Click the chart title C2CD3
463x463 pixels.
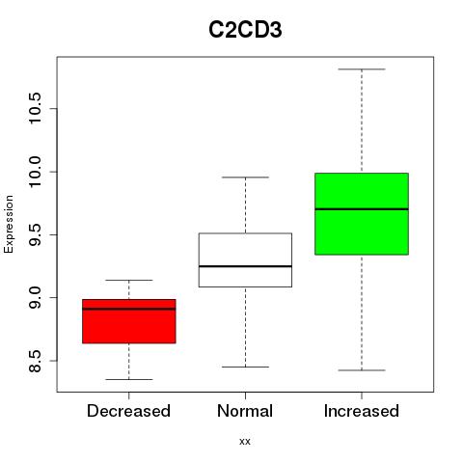pyautogui.click(x=245, y=30)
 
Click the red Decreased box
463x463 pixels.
pyautogui.click(x=129, y=321)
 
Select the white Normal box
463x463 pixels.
pyautogui.click(x=245, y=259)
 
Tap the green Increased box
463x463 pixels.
pyautogui.click(x=362, y=214)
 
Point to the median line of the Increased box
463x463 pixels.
pyautogui.click(x=362, y=209)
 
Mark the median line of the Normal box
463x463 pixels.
pyautogui.click(x=245, y=266)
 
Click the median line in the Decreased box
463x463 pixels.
pyautogui.click(x=129, y=309)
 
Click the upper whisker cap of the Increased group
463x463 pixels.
pyautogui.click(x=362, y=69)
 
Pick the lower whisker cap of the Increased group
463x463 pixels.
pyautogui.click(x=362, y=370)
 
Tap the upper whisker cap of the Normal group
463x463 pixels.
pyautogui.click(x=245, y=177)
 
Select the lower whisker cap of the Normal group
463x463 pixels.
pyautogui.click(x=245, y=367)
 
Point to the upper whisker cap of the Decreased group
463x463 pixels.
pyautogui.click(x=129, y=280)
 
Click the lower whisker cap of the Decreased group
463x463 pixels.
pyautogui.click(x=129, y=379)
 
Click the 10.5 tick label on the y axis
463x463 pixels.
pyautogui.click(x=35, y=108)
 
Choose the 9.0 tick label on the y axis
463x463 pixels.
pyautogui.click(x=35, y=298)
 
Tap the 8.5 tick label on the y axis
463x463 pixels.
pyautogui.click(x=35, y=361)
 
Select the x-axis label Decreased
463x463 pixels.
pyautogui.click(x=128, y=411)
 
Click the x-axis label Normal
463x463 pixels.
pyautogui.click(x=245, y=411)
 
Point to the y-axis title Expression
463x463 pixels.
pyautogui.click(x=9, y=224)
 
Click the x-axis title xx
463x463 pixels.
pyautogui.click(x=245, y=442)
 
